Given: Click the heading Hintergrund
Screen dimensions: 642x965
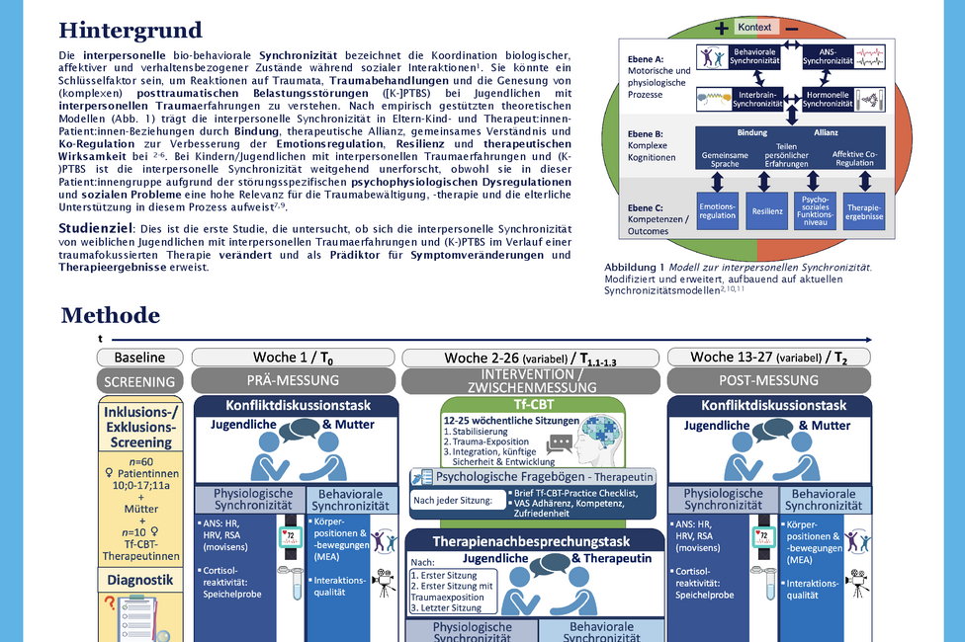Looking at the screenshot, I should click(x=131, y=31).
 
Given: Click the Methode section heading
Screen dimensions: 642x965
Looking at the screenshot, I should click(x=110, y=315).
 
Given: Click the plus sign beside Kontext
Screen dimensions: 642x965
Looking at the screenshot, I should click(x=721, y=28).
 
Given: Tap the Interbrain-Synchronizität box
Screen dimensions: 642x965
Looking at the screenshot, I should click(x=731, y=98).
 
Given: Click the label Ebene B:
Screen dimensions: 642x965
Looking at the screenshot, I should click(x=646, y=132).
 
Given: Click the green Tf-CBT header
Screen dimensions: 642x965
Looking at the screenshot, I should click(x=533, y=404).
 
